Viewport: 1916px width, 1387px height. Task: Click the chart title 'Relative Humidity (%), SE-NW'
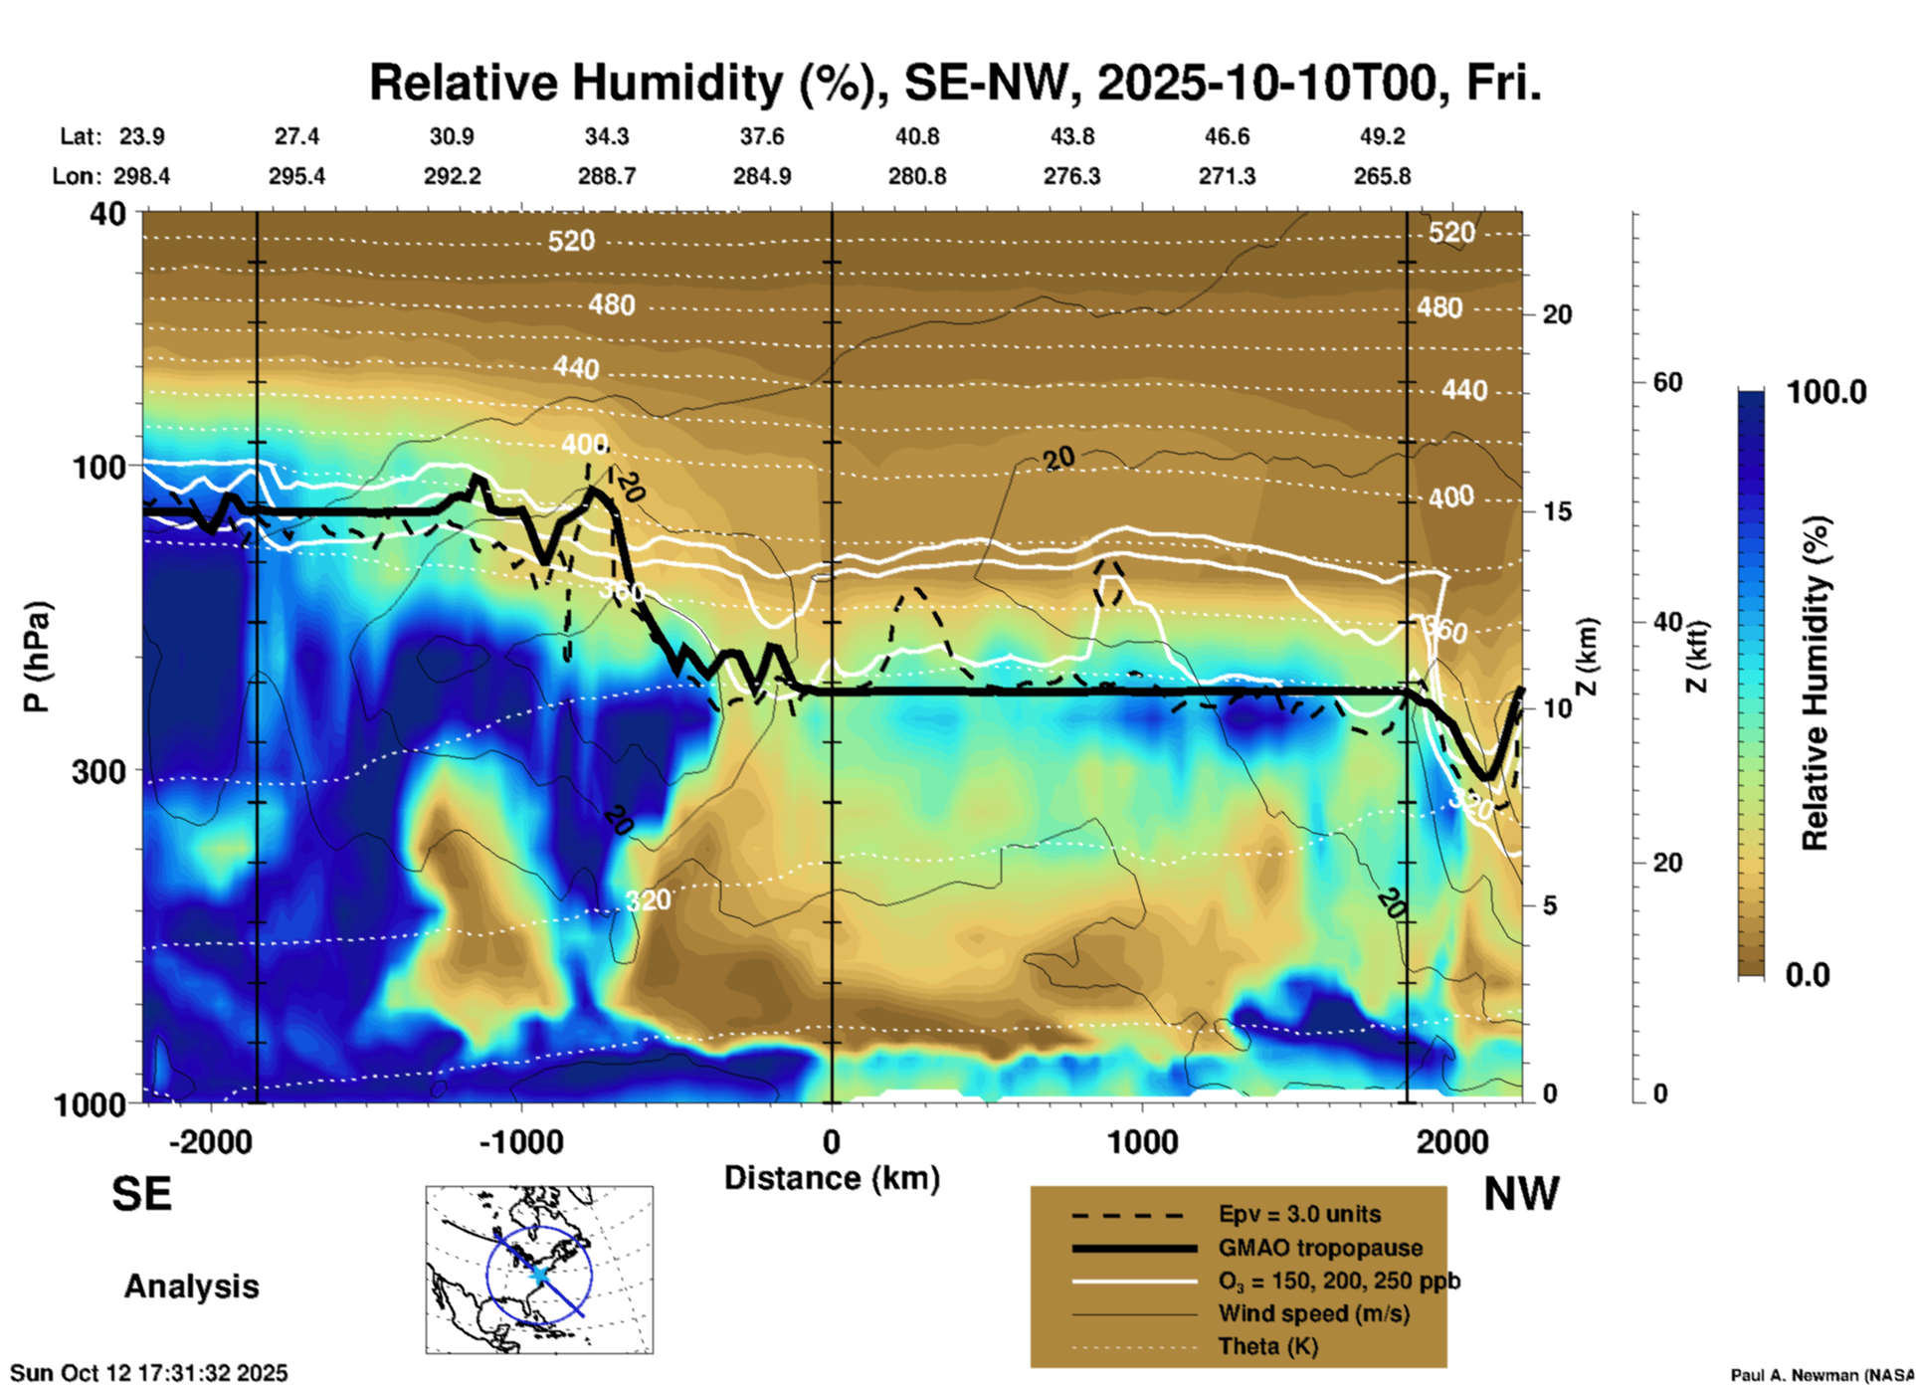(955, 83)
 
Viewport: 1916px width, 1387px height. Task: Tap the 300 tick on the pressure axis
(98, 772)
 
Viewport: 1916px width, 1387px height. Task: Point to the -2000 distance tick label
(210, 1141)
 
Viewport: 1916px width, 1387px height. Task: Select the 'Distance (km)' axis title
(832, 1178)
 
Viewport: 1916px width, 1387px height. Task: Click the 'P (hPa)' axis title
(37, 657)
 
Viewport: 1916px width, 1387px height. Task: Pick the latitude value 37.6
(762, 136)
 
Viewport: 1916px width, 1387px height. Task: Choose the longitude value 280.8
(917, 176)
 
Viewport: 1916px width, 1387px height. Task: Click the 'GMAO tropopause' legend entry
(1320, 1248)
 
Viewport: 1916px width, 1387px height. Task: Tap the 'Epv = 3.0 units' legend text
(1299, 1215)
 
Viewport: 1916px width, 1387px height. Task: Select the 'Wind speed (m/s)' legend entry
(1313, 1313)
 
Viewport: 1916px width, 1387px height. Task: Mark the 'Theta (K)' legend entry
(1267, 1346)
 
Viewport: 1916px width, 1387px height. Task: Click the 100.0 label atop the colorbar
(1826, 392)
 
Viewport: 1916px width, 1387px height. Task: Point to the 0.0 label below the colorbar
(1808, 975)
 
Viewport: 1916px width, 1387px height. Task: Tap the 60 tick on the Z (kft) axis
(1667, 382)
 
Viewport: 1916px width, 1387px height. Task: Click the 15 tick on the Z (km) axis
(1557, 511)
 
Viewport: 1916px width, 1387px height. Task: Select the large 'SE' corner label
(141, 1194)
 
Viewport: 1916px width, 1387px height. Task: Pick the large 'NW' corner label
(1521, 1194)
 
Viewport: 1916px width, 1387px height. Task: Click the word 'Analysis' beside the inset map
(191, 1287)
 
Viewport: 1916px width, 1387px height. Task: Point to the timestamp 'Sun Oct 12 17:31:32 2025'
(149, 1373)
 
